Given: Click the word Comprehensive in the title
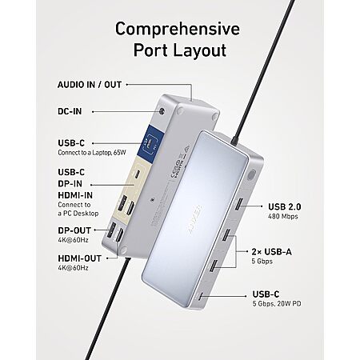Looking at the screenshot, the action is click(178, 29).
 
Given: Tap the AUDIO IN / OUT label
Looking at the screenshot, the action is click(90, 85).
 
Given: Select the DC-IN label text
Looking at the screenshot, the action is click(70, 111).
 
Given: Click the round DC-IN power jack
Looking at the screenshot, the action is click(161, 111).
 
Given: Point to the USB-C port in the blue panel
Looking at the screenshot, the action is click(150, 142).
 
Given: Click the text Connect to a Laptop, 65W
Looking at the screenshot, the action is click(92, 153).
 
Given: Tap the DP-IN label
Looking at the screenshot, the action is click(70, 184).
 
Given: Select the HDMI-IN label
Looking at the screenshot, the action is click(75, 195).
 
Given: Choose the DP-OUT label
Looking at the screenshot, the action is click(74, 230).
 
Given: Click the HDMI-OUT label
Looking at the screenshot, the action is click(80, 258).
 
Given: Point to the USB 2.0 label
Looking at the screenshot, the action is click(285, 206).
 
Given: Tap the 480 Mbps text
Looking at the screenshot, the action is click(283, 216).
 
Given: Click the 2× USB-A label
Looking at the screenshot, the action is click(272, 252).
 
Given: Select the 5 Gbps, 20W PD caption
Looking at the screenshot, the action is click(277, 303).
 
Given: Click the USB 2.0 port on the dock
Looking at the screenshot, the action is click(238, 204).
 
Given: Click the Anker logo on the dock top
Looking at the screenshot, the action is click(195, 219).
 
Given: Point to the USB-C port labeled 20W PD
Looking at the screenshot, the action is click(201, 296).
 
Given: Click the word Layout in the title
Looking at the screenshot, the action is click(200, 50).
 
